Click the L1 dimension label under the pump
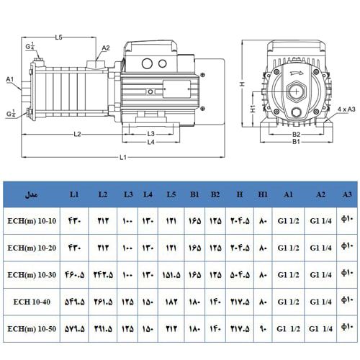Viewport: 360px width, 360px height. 123,156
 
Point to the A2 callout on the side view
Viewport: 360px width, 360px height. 106,49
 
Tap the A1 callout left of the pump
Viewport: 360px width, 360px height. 10,78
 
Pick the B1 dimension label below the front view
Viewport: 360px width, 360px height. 295,142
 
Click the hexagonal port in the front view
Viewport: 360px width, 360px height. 295,92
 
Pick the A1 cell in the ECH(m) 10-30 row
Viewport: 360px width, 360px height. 288,275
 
